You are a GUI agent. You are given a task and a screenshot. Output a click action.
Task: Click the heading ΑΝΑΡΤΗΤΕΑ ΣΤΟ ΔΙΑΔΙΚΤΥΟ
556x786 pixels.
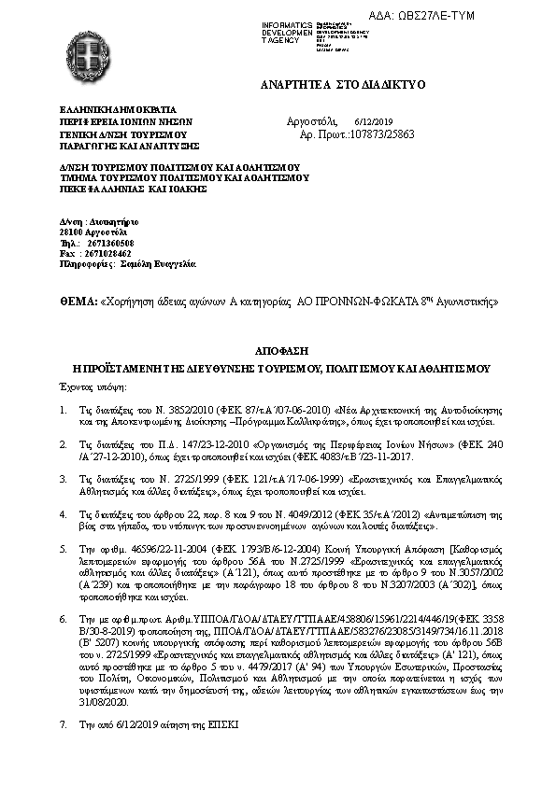pos(343,85)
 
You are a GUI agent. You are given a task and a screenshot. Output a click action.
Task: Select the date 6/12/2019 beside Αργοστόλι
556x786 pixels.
pos(374,122)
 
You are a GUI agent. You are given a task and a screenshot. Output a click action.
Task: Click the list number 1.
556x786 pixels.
pos(63,409)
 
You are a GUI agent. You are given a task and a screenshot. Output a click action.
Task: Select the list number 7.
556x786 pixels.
pos(63,723)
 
